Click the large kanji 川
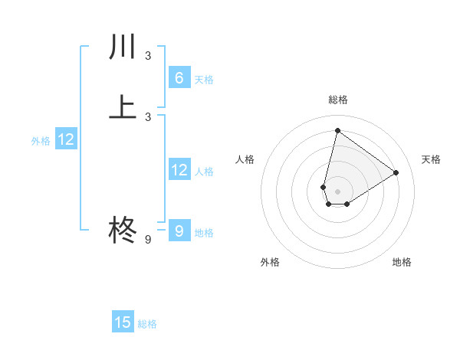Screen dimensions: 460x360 123,47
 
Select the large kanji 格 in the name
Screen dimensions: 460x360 123,230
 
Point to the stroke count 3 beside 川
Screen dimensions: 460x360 148,56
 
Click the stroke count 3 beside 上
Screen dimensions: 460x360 148,116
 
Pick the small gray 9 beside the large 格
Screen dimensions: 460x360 148,240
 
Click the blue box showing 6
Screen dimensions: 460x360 179,78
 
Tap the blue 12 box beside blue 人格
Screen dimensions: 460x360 179,171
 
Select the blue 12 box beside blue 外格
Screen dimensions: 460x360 66,140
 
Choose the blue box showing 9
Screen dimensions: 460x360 179,231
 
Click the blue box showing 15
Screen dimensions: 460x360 123,322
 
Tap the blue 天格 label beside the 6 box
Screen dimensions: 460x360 204,80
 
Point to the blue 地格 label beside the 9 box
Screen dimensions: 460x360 204,233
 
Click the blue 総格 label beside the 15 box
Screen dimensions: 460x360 147,324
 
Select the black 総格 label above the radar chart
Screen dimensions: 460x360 337,100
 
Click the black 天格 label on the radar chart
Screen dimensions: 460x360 431,159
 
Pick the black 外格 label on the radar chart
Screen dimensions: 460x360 270,262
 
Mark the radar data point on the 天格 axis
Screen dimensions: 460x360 396,173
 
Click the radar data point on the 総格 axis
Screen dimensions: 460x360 337,130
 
